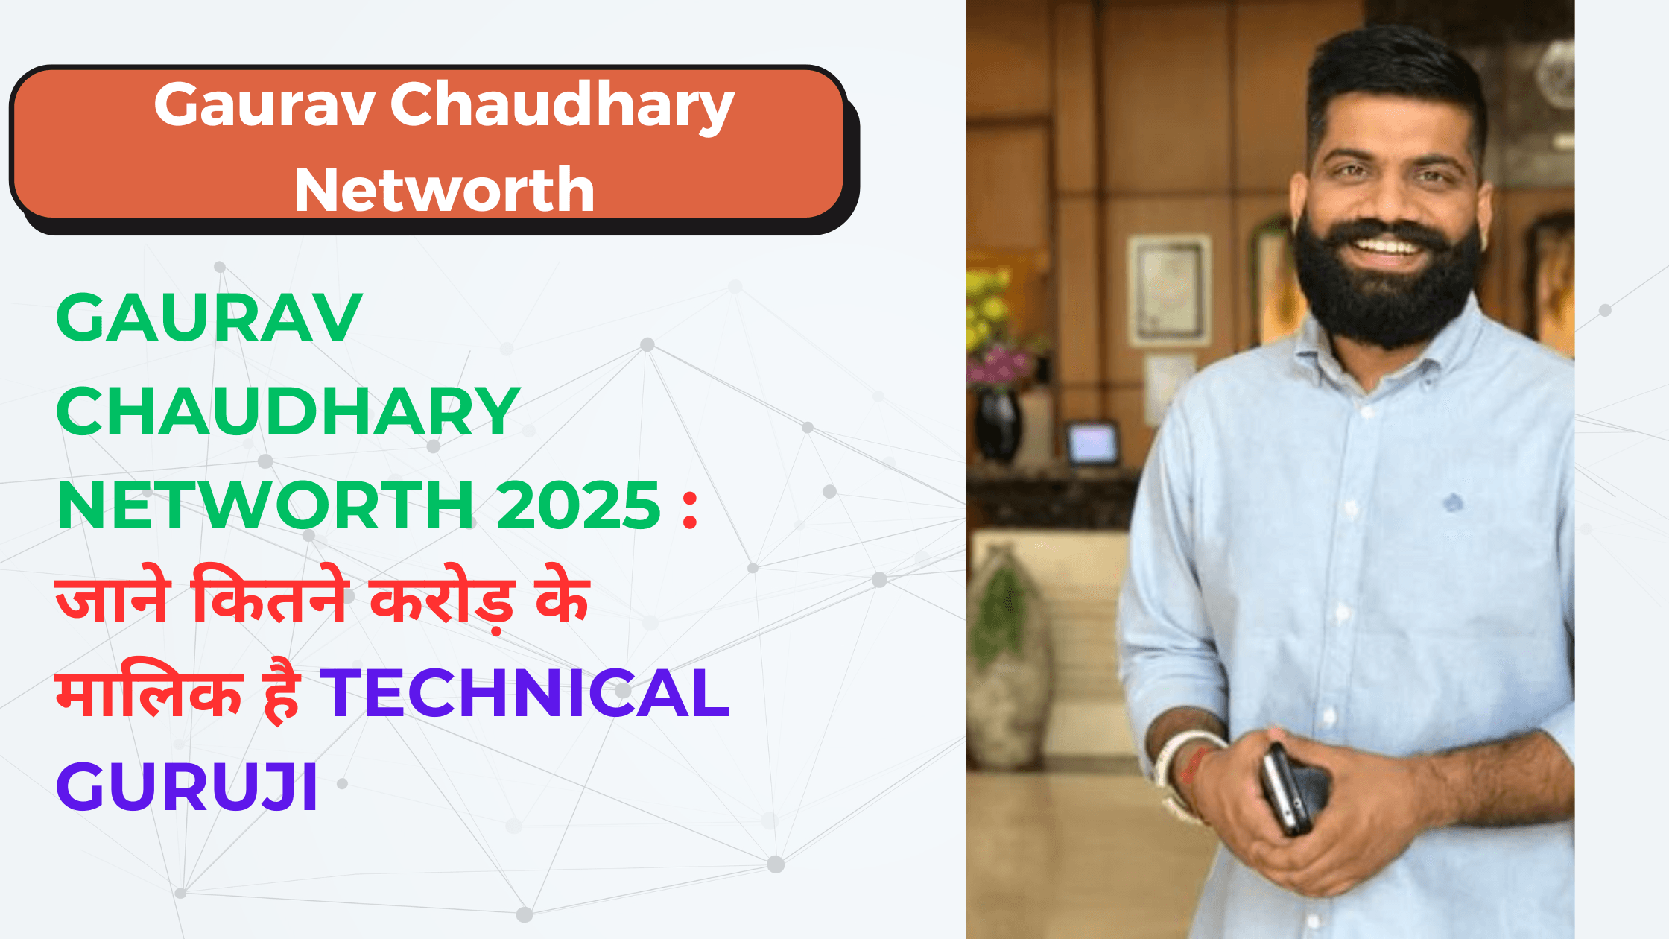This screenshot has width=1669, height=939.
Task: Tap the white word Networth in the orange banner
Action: [445, 190]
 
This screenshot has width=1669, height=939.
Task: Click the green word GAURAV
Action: [209, 317]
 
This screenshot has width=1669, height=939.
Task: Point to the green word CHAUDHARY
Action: [288, 411]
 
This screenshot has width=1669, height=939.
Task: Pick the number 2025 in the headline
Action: [578, 505]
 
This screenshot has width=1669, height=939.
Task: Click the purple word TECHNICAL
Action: [525, 693]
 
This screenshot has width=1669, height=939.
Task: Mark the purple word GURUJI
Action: [187, 787]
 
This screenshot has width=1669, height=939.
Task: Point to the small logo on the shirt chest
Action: [1452, 503]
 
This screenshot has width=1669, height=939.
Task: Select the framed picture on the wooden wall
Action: [1168, 291]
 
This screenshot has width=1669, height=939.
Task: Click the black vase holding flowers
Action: [998, 424]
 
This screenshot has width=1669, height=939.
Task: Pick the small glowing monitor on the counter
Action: [1093, 444]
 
